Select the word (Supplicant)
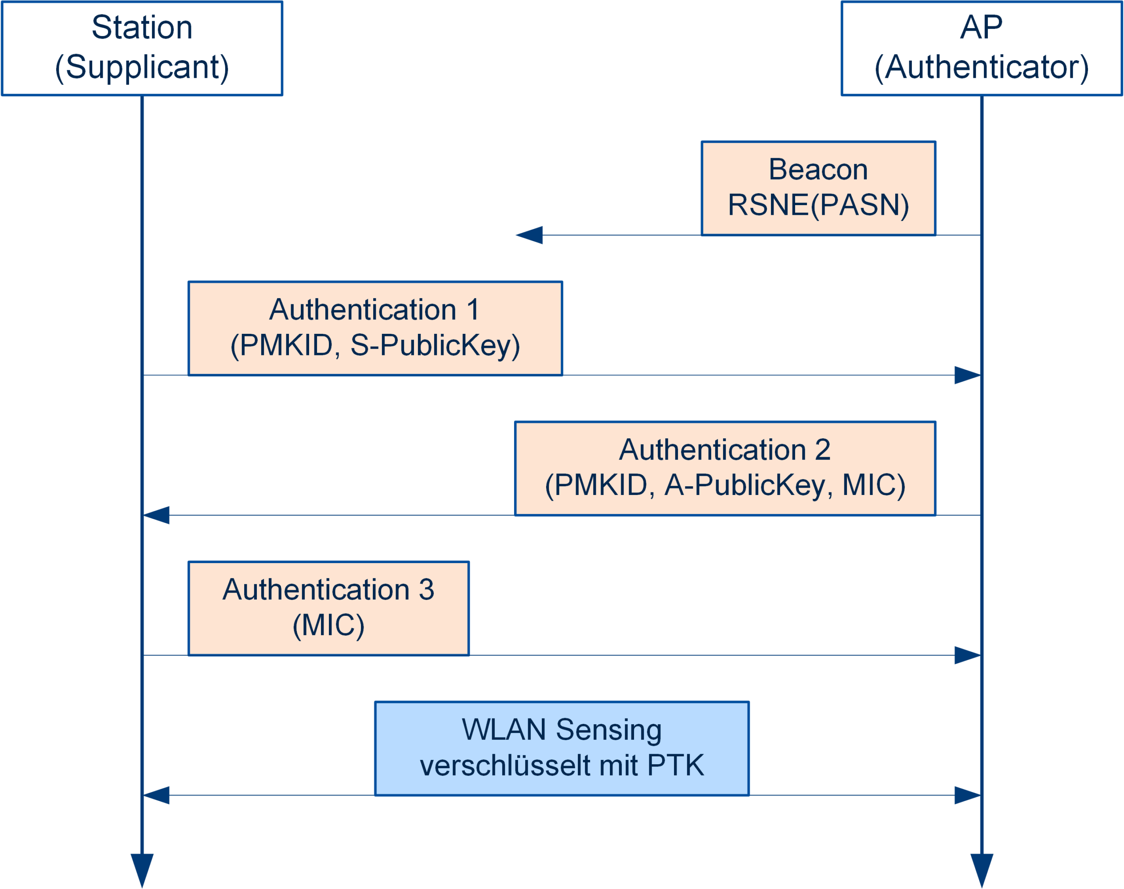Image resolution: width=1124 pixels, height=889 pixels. pyautogui.click(x=142, y=67)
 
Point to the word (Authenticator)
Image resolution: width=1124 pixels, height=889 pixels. pyautogui.click(x=981, y=67)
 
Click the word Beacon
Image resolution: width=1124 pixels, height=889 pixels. pyautogui.click(x=818, y=169)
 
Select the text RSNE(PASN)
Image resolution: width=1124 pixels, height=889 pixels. pyautogui.click(x=818, y=205)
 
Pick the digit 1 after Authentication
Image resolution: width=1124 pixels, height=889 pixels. pyautogui.click(x=473, y=310)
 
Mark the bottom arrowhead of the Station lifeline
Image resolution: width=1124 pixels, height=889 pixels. pyautogui.click(x=142, y=869)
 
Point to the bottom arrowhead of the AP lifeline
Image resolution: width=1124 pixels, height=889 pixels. pyautogui.click(x=981, y=869)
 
